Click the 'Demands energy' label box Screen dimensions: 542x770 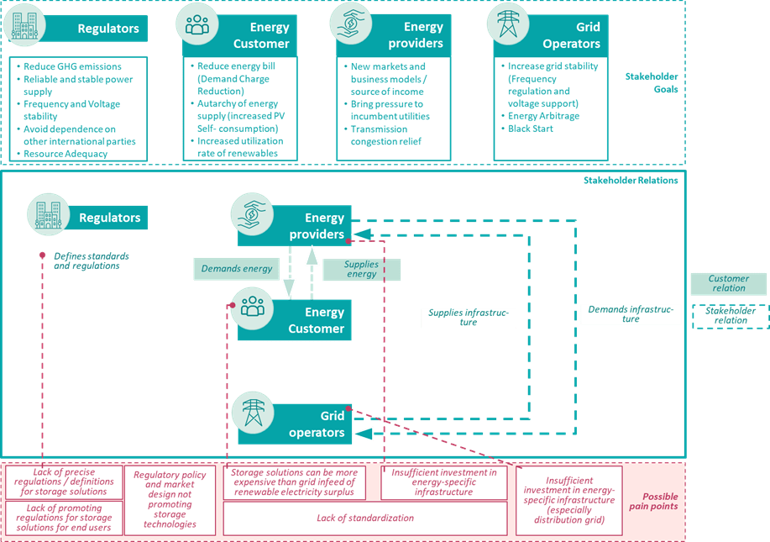pos(237,269)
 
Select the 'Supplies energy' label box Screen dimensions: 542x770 pos(362,269)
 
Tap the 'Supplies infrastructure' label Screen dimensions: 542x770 pos(469,318)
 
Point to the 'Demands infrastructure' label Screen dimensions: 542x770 pos(631,314)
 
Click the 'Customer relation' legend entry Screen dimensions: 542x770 pos(728,283)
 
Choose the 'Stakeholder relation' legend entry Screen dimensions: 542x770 pos(730,315)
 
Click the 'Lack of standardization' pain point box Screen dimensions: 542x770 pos(365,518)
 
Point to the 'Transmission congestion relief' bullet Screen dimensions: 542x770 pos(379,135)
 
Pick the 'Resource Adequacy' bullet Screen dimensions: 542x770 pos(65,154)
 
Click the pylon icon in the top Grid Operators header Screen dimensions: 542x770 pos(508,26)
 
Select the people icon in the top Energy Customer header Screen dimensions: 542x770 pos(197,26)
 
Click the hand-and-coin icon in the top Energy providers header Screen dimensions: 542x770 pos(350,25)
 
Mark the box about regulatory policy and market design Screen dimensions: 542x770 pos(170,499)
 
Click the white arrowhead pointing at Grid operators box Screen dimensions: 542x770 pos(362,434)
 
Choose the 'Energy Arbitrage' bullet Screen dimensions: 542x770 pos(543,116)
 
